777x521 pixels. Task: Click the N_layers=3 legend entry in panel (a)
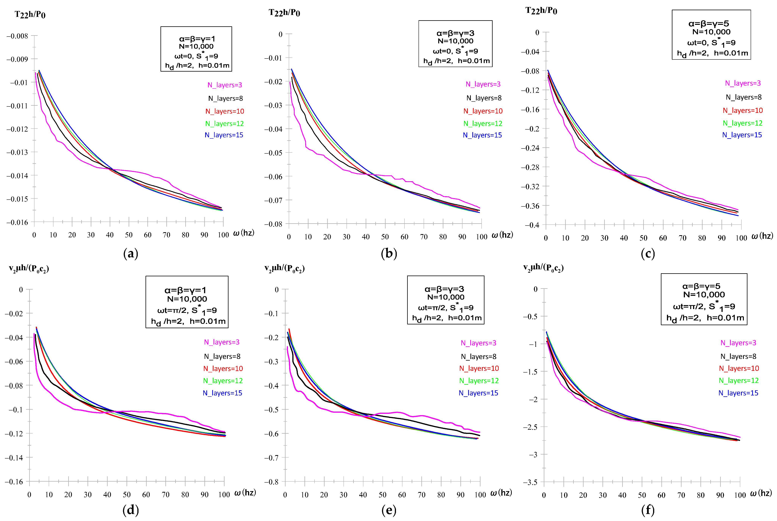(x=225, y=85)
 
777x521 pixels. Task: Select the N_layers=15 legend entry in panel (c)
(x=742, y=135)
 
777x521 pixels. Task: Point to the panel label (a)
(x=131, y=254)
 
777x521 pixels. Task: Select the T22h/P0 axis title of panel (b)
(x=284, y=13)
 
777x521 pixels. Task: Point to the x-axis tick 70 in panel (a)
(x=167, y=235)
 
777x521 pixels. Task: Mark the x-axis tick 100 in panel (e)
(x=480, y=495)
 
